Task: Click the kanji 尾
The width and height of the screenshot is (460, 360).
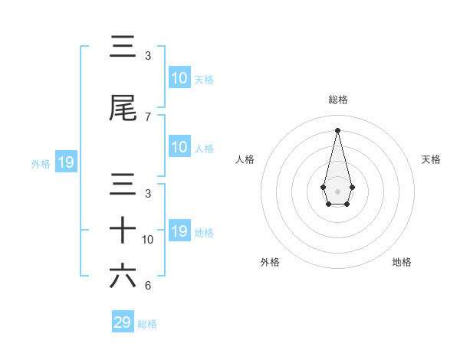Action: pyautogui.click(x=123, y=109)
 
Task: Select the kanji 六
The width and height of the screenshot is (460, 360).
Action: pyautogui.click(x=123, y=276)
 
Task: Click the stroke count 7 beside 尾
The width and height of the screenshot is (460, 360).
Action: pyautogui.click(x=148, y=117)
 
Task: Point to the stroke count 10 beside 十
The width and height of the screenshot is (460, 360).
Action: pyautogui.click(x=148, y=240)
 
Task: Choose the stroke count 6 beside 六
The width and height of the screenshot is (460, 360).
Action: pyautogui.click(x=148, y=286)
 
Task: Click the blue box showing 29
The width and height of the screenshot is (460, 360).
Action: pyautogui.click(x=123, y=322)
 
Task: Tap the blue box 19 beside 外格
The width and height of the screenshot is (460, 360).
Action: pyautogui.click(x=65, y=162)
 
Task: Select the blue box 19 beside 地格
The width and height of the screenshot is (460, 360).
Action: pyautogui.click(x=179, y=231)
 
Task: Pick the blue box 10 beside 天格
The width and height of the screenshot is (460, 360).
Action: pyautogui.click(x=179, y=78)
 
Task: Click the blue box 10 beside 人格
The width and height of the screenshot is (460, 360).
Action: pyautogui.click(x=179, y=147)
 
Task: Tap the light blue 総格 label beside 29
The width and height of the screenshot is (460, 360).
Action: pyautogui.click(x=147, y=324)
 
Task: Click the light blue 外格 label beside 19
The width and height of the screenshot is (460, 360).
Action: pyautogui.click(x=41, y=163)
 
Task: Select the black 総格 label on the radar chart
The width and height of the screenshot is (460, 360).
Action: pyautogui.click(x=338, y=100)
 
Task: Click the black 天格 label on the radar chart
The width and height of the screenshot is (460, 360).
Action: pyautogui.click(x=432, y=159)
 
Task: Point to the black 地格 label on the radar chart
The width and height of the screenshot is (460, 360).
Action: pyautogui.click(x=402, y=262)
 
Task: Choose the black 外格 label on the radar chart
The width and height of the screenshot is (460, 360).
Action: pyautogui.click(x=270, y=262)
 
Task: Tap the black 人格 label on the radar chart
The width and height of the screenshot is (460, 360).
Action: pyautogui.click(x=245, y=159)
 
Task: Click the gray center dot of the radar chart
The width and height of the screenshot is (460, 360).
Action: pyautogui.click(x=338, y=191)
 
